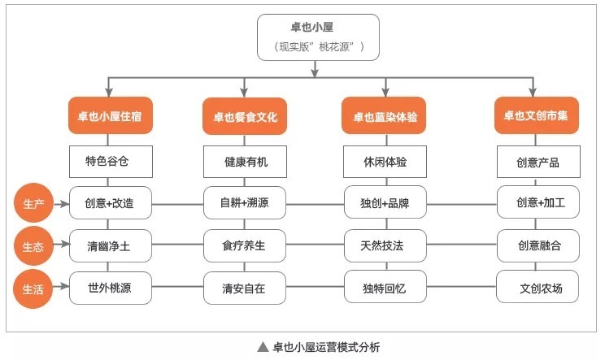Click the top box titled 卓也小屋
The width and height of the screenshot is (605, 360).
click(316, 37)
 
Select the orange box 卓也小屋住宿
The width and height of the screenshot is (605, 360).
click(111, 117)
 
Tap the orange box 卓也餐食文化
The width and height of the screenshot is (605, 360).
click(245, 117)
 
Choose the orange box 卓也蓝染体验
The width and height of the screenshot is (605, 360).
click(385, 117)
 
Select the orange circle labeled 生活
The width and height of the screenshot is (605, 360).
click(33, 288)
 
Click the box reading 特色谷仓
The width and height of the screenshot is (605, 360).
click(111, 161)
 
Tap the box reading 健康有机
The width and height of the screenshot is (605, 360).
click(245, 161)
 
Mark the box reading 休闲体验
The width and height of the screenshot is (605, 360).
click(385, 161)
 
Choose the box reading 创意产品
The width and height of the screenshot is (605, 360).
click(538, 161)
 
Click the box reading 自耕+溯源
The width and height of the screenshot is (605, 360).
click(245, 203)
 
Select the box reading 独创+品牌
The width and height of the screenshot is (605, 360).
click(385, 203)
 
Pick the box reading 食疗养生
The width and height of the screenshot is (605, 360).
click(245, 245)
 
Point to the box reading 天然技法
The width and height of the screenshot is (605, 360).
click(385, 245)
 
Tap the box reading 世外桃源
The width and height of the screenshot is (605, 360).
click(111, 287)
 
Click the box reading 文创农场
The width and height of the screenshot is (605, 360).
click(538, 287)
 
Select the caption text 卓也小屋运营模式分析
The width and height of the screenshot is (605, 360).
click(325, 347)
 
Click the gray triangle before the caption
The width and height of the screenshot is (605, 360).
click(263, 347)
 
